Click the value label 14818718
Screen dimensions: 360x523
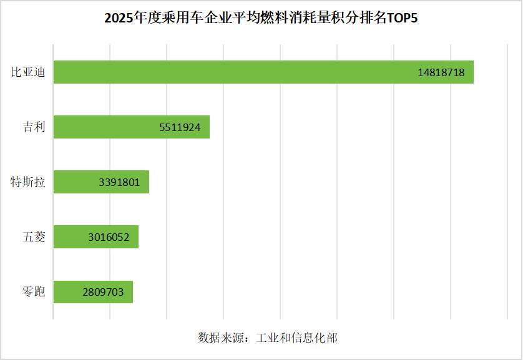click(441, 72)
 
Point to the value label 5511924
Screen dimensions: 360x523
click(180, 127)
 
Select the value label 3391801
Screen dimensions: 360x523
click(124, 182)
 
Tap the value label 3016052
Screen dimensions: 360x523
click(110, 237)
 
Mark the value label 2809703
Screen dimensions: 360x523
click(104, 292)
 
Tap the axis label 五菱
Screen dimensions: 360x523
click(34, 237)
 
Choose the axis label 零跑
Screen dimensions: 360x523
click(34, 292)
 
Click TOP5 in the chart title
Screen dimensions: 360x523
click(402, 18)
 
